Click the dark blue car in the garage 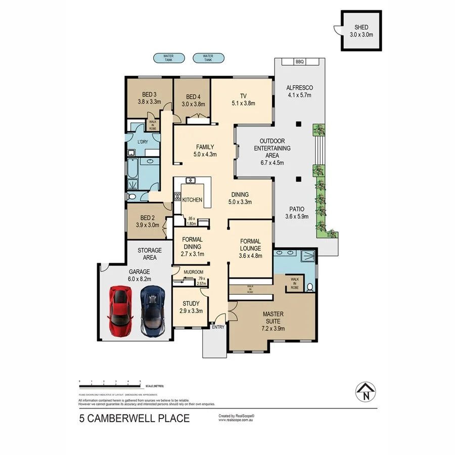coord(153,310)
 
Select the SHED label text coord(361,28)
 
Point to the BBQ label coord(299,62)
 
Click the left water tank coord(168,58)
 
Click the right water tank coord(208,58)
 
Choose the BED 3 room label coord(149,95)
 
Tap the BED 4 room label coord(193,97)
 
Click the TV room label coord(243,96)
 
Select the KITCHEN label coord(192,200)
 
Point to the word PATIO coord(296,208)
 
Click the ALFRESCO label coord(300,88)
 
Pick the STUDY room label coord(191,304)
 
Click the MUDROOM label coord(193,272)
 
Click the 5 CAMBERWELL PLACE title coord(134,418)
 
